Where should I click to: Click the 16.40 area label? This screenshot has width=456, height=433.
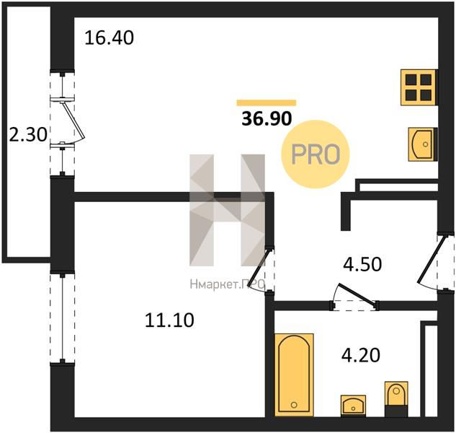pos(109,38)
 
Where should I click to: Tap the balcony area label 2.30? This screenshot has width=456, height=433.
pos(28,135)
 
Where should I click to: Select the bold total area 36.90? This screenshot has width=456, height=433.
pos(267,118)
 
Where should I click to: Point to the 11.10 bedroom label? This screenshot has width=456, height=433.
pos(169,320)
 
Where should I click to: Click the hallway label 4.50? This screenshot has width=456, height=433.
pos(362,265)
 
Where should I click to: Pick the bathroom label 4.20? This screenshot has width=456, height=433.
pos(361,355)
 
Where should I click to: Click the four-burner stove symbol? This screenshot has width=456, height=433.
pos(419,87)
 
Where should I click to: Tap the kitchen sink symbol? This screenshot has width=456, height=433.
pos(422,144)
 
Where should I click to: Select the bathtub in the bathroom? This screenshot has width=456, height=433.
pos(294,375)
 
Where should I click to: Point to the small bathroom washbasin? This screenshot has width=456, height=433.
pos(353,406)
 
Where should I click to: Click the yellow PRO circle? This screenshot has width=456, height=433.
pos(316,154)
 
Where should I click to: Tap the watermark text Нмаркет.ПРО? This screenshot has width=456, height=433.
pos(228,284)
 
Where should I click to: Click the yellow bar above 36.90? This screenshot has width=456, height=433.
pos(267,102)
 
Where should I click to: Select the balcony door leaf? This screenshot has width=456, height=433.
pos(73,120)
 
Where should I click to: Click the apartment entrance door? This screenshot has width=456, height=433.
pos(431,260)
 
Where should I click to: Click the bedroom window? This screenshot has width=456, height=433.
pos(62,318)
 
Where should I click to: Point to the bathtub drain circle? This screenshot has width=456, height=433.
pos(294,405)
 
